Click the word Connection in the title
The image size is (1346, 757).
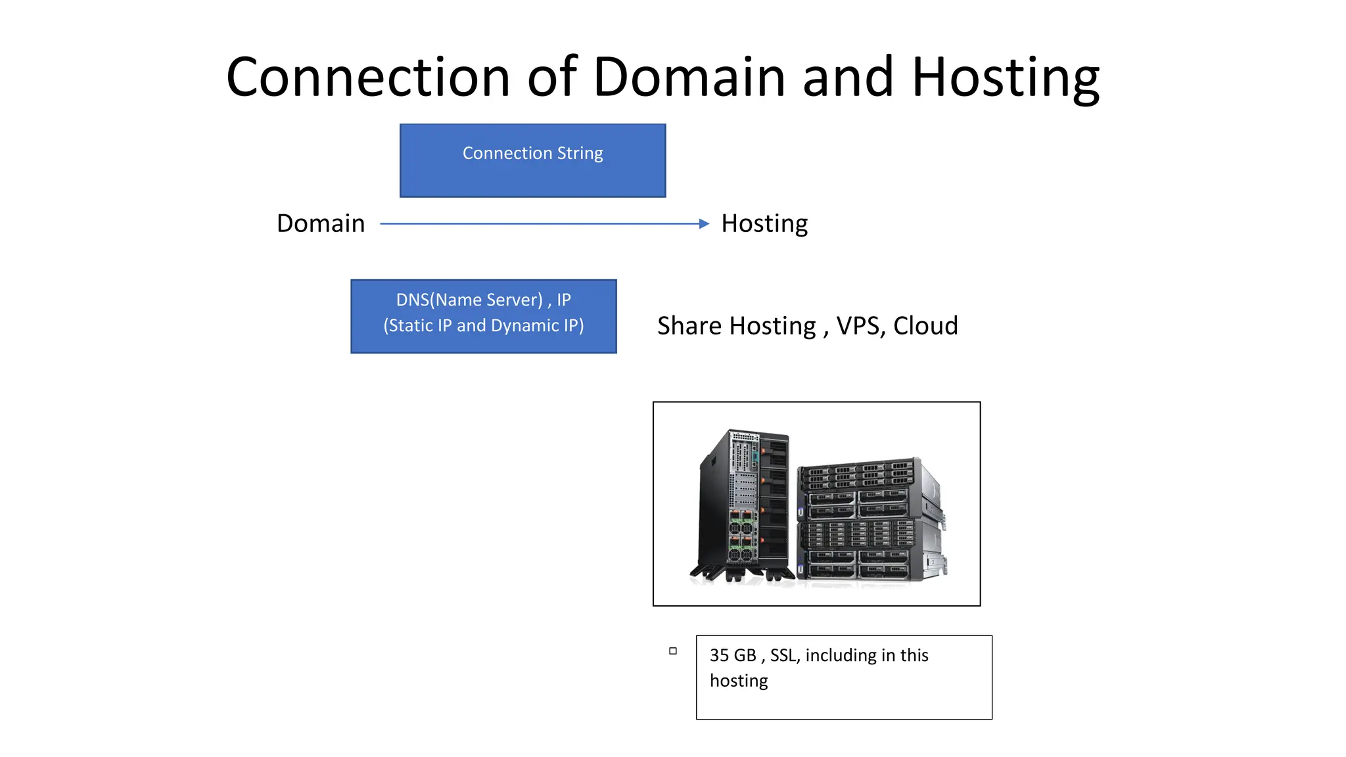368,78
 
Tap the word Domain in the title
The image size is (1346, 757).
689,78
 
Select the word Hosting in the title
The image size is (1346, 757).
1006,78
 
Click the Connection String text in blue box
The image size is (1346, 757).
532,153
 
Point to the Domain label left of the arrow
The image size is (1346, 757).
320,223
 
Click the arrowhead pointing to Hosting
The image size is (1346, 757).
704,224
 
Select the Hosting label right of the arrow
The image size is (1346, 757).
764,223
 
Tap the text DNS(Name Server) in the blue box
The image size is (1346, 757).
469,300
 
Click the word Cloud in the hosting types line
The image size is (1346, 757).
925,326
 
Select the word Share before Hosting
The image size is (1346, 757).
689,326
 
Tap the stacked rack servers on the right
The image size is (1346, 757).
868,519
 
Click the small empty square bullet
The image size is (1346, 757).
672,651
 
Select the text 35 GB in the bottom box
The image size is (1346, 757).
733,655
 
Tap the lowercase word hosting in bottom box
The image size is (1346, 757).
738,681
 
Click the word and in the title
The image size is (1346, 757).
848,78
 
